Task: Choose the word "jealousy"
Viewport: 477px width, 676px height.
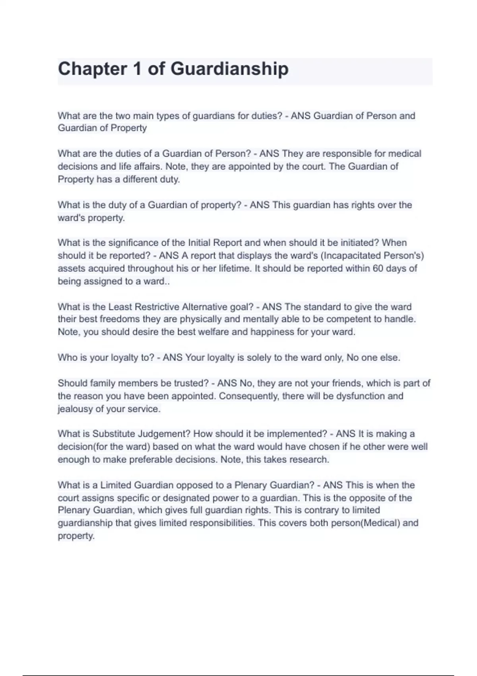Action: click(75, 409)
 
